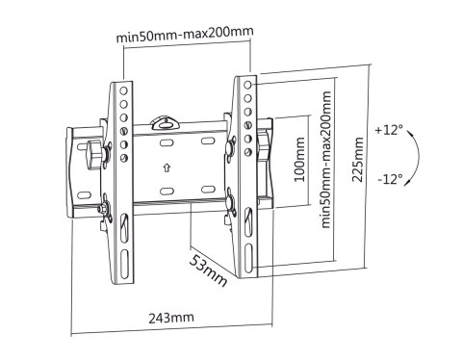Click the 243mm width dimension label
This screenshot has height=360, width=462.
(171, 318)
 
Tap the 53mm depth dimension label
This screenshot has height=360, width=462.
(208, 270)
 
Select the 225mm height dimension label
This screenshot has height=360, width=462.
(358, 160)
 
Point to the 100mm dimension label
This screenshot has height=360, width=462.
(299, 160)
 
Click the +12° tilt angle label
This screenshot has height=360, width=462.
(389, 130)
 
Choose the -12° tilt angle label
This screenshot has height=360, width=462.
(390, 179)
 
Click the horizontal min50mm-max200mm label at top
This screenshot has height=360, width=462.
(185, 34)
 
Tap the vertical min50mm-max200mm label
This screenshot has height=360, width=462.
(326, 160)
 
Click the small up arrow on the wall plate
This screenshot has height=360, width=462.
(167, 167)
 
